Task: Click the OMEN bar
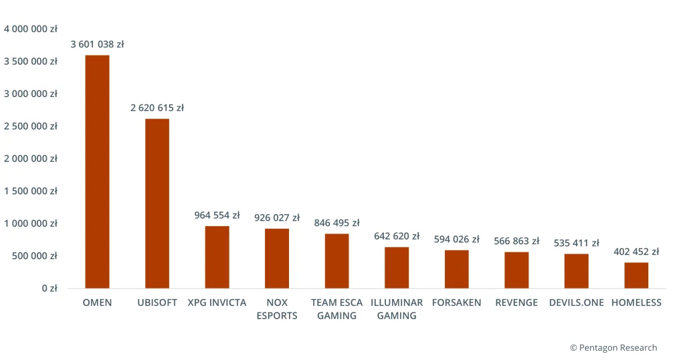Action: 97,172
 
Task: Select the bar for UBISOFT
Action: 157,203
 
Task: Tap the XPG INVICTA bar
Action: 217,257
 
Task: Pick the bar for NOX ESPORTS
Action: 277,258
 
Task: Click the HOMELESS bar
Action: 636,275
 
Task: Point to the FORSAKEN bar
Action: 456,269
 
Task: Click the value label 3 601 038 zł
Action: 97,44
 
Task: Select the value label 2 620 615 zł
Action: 157,108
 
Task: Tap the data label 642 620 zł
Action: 397,236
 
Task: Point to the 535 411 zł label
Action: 576,243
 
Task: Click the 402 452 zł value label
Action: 636,252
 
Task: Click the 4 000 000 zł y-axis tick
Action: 31,29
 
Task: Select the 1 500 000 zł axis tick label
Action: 31,191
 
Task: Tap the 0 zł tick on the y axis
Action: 48,288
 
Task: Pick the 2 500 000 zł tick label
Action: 31,126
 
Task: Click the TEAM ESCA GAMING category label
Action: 336,308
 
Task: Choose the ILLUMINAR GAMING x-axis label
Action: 397,308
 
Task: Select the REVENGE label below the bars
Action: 516,302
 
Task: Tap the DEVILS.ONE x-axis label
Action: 576,302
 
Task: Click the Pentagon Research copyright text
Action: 613,347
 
